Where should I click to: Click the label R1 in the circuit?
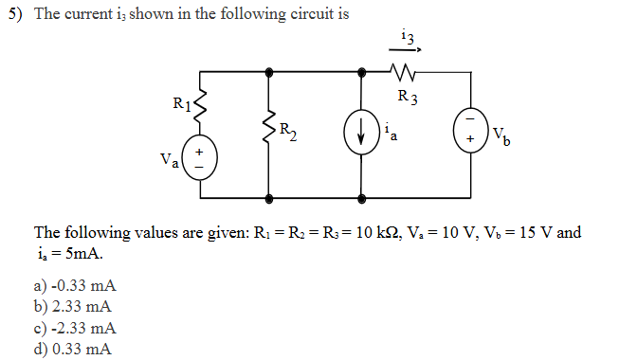click(x=182, y=103)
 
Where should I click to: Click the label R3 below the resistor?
click(x=408, y=95)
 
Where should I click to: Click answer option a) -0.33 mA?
click(x=75, y=285)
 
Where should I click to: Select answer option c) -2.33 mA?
click(x=75, y=328)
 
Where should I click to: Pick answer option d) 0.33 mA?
click(x=72, y=349)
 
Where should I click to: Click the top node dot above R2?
click(x=270, y=71)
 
